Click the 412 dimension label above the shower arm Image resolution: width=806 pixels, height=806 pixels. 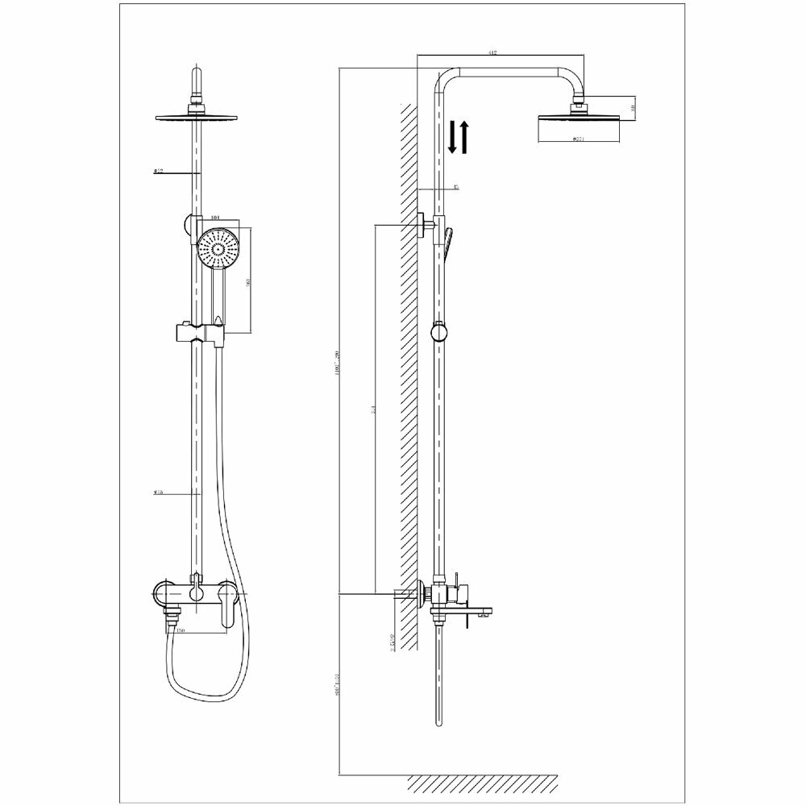(x=492, y=53)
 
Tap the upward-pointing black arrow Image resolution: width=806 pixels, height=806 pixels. (x=464, y=137)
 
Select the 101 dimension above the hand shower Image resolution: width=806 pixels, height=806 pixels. (x=214, y=218)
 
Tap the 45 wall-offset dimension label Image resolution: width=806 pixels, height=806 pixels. (x=456, y=187)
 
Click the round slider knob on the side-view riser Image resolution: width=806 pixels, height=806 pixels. (x=438, y=332)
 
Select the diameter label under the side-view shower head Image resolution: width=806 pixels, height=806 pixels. (x=578, y=139)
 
